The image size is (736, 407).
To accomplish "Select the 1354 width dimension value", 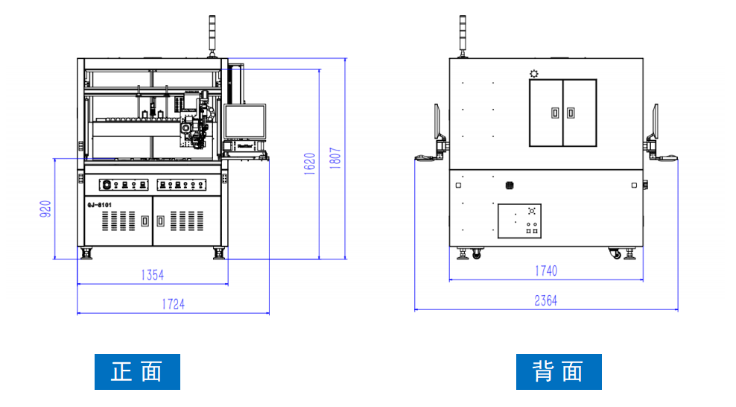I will pos(152,275).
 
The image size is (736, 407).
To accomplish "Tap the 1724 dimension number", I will pos(173,304).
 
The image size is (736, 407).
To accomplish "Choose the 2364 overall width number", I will pos(545,300).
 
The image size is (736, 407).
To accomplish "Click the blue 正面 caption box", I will pos(137,371).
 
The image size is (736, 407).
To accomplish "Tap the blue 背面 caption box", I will pos(559,371).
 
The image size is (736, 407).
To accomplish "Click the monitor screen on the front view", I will pos(245,122).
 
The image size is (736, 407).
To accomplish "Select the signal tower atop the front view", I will pos(212,36).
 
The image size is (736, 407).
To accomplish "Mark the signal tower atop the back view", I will pos(462,34).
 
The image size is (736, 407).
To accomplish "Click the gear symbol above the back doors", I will pos(533,73).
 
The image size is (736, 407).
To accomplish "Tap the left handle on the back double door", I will pos(554,113).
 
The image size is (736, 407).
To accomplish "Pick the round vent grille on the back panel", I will pos(510,184).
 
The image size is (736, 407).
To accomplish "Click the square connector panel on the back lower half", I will pos(519,221).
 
